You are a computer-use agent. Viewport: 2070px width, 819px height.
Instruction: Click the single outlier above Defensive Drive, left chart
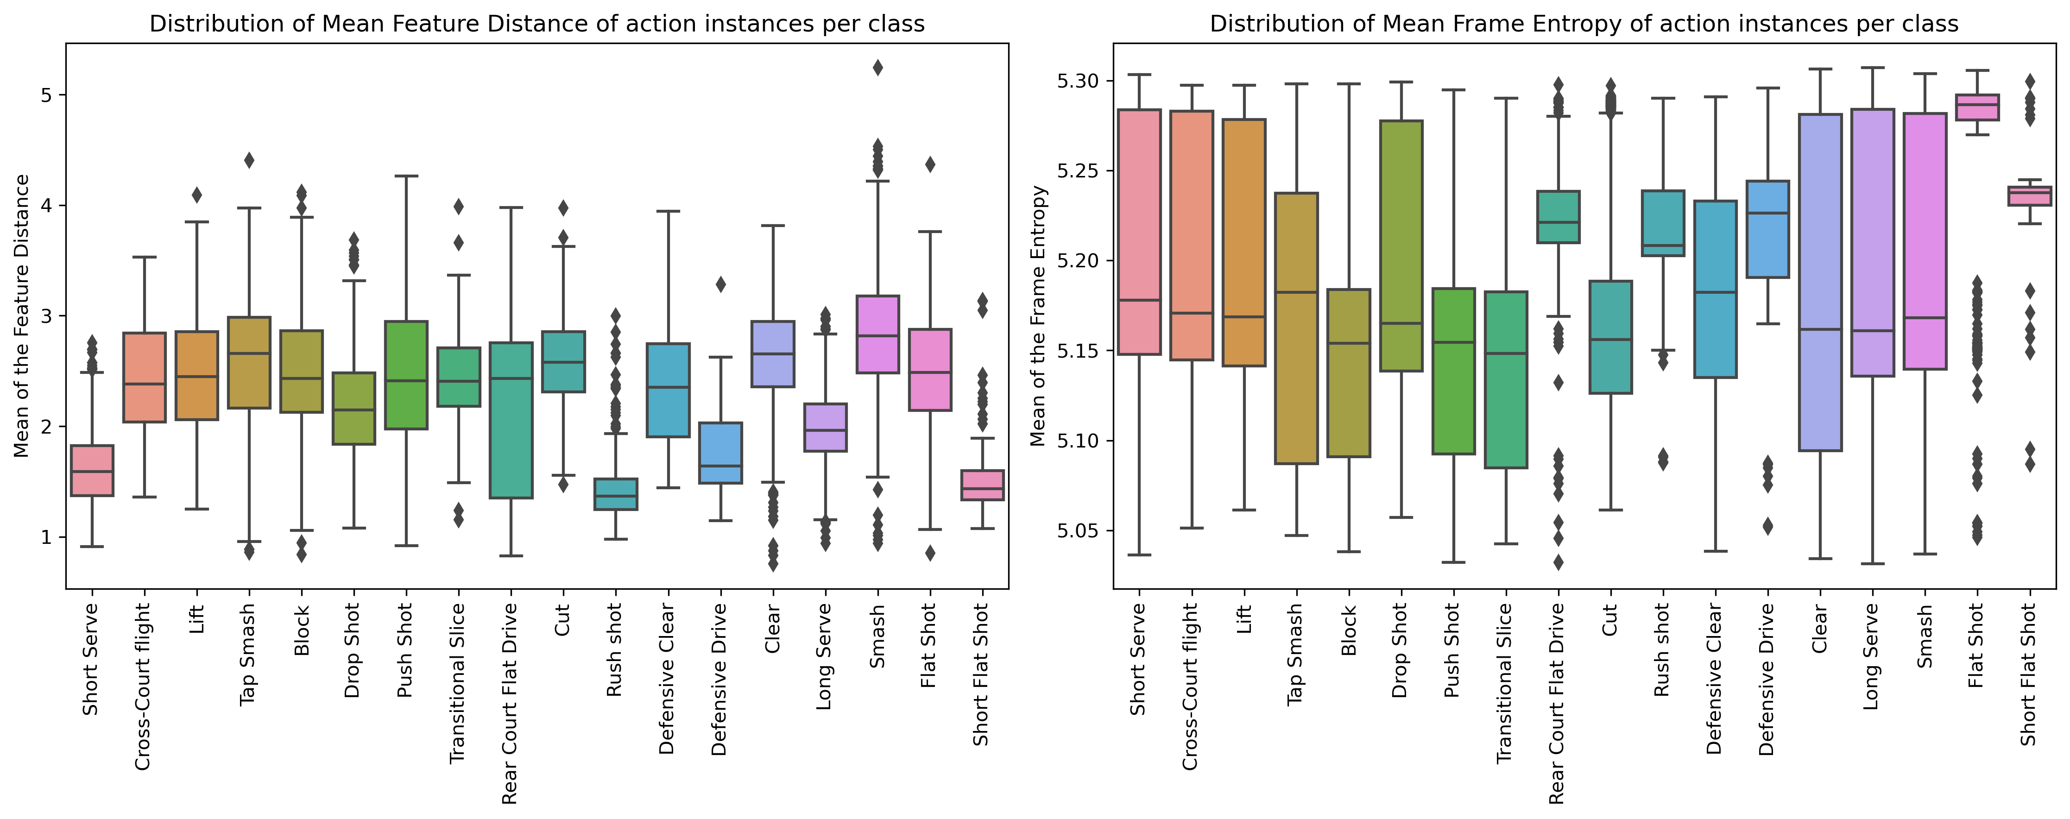721,284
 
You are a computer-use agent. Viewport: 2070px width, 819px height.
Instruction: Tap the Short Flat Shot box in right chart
2029,196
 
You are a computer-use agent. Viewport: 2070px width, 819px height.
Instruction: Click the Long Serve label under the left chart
824,657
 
